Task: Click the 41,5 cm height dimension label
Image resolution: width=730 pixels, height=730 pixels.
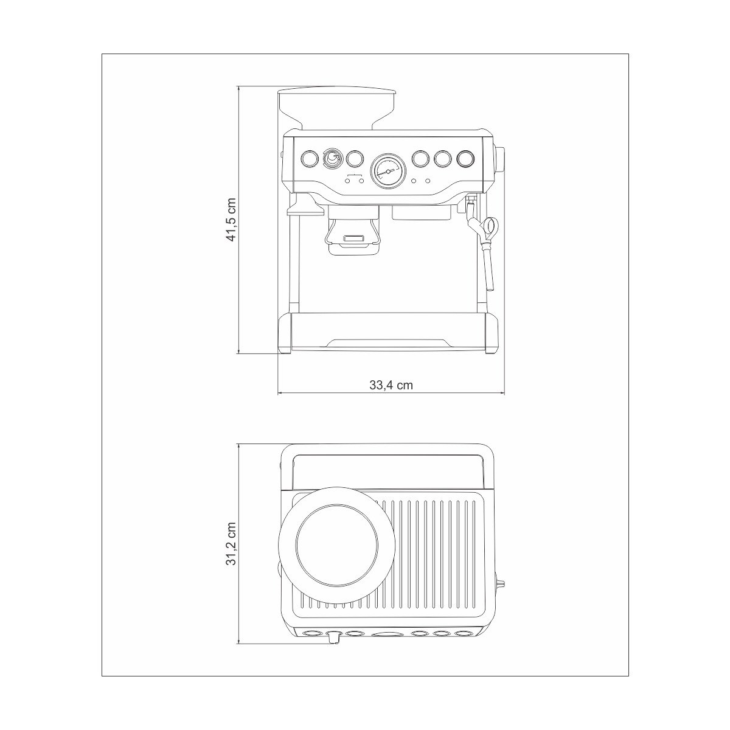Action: (231, 220)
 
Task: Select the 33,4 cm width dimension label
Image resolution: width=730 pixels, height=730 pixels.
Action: (391, 385)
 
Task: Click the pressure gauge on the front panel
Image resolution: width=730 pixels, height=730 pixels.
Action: (388, 171)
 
